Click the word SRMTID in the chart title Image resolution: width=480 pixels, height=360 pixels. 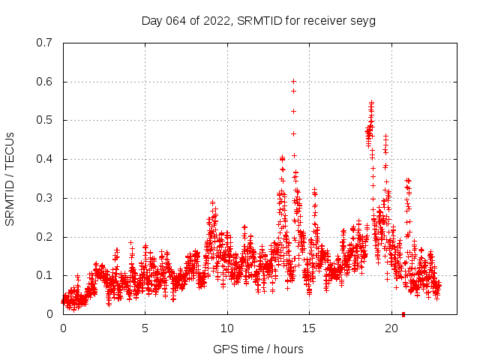256,21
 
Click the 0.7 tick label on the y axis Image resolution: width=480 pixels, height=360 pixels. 44,43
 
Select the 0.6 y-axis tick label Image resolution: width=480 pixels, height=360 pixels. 44,82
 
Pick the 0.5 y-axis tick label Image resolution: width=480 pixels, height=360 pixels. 44,120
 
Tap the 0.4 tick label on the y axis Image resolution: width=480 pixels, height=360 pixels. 44,159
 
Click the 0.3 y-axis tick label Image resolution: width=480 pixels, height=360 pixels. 44,198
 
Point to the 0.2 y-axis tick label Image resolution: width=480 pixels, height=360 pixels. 44,237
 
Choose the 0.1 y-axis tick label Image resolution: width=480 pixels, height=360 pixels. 44,275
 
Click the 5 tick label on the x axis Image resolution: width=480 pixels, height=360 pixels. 145,328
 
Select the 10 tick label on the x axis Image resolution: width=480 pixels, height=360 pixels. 227,328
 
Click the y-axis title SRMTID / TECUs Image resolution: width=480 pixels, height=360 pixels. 10,178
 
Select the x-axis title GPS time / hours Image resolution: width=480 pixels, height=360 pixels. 258,349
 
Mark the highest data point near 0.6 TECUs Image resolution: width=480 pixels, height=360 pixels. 293,81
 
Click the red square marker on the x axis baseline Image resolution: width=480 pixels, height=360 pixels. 403,313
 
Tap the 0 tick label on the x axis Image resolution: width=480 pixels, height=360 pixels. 63,328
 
